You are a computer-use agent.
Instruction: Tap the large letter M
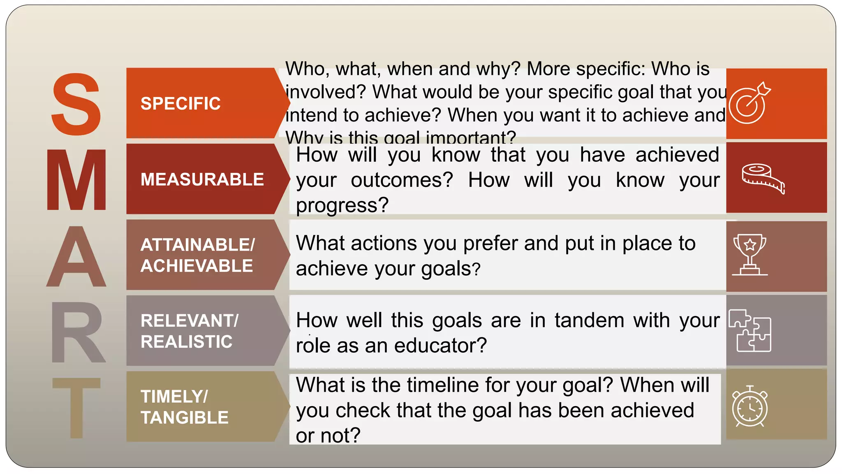(76, 180)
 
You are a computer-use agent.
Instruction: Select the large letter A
(76, 257)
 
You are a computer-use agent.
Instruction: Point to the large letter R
(77, 332)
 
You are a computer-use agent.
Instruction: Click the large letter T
(76, 407)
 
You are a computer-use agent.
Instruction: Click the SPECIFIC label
(180, 103)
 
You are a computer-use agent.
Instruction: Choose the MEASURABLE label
(202, 179)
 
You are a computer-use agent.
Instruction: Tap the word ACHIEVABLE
(197, 266)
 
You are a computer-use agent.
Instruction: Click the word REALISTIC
(186, 342)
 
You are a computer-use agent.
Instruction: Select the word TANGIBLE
(184, 417)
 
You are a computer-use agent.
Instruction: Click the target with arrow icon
(749, 103)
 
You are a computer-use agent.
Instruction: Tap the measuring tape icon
(763, 178)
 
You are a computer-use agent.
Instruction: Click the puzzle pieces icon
(749, 331)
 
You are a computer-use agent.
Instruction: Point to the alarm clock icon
(749, 407)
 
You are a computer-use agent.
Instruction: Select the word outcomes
(402, 180)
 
